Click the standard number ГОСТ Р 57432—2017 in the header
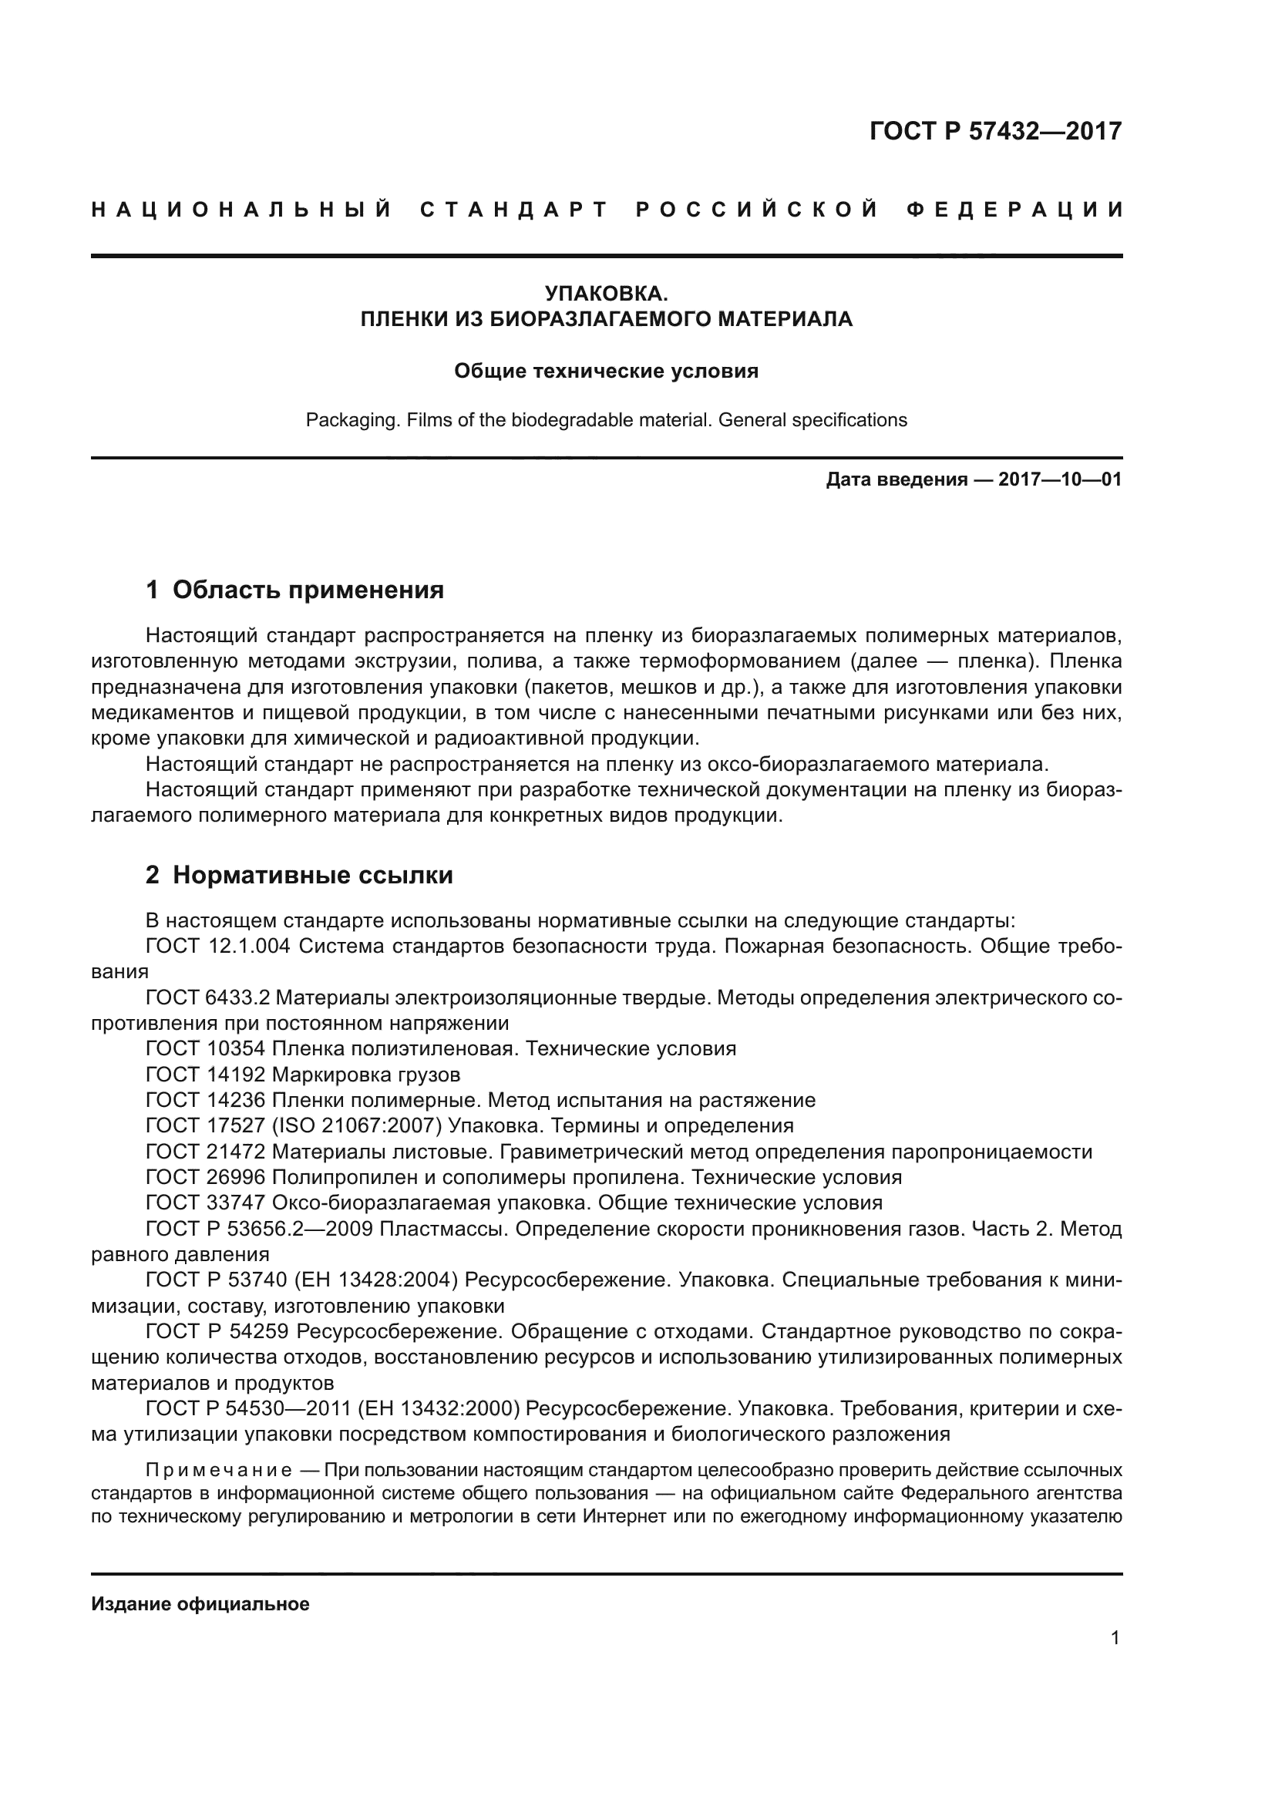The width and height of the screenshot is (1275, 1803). tap(994, 131)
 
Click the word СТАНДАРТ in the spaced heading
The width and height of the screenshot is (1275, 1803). tap(514, 210)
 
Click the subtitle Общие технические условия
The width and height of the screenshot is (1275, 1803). tap(606, 372)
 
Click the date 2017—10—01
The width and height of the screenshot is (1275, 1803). tap(1060, 479)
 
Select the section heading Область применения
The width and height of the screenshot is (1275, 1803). tap(308, 590)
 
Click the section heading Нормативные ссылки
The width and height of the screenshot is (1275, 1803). tap(312, 876)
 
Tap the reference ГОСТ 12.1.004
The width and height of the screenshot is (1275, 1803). tap(218, 947)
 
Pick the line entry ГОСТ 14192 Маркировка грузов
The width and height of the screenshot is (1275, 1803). tap(303, 1075)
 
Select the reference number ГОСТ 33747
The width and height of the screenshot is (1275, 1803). tap(206, 1203)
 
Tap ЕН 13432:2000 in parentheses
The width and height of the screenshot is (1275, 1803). tap(438, 1410)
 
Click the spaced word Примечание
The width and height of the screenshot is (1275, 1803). tap(219, 1470)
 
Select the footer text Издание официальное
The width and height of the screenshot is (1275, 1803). tap(200, 1604)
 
